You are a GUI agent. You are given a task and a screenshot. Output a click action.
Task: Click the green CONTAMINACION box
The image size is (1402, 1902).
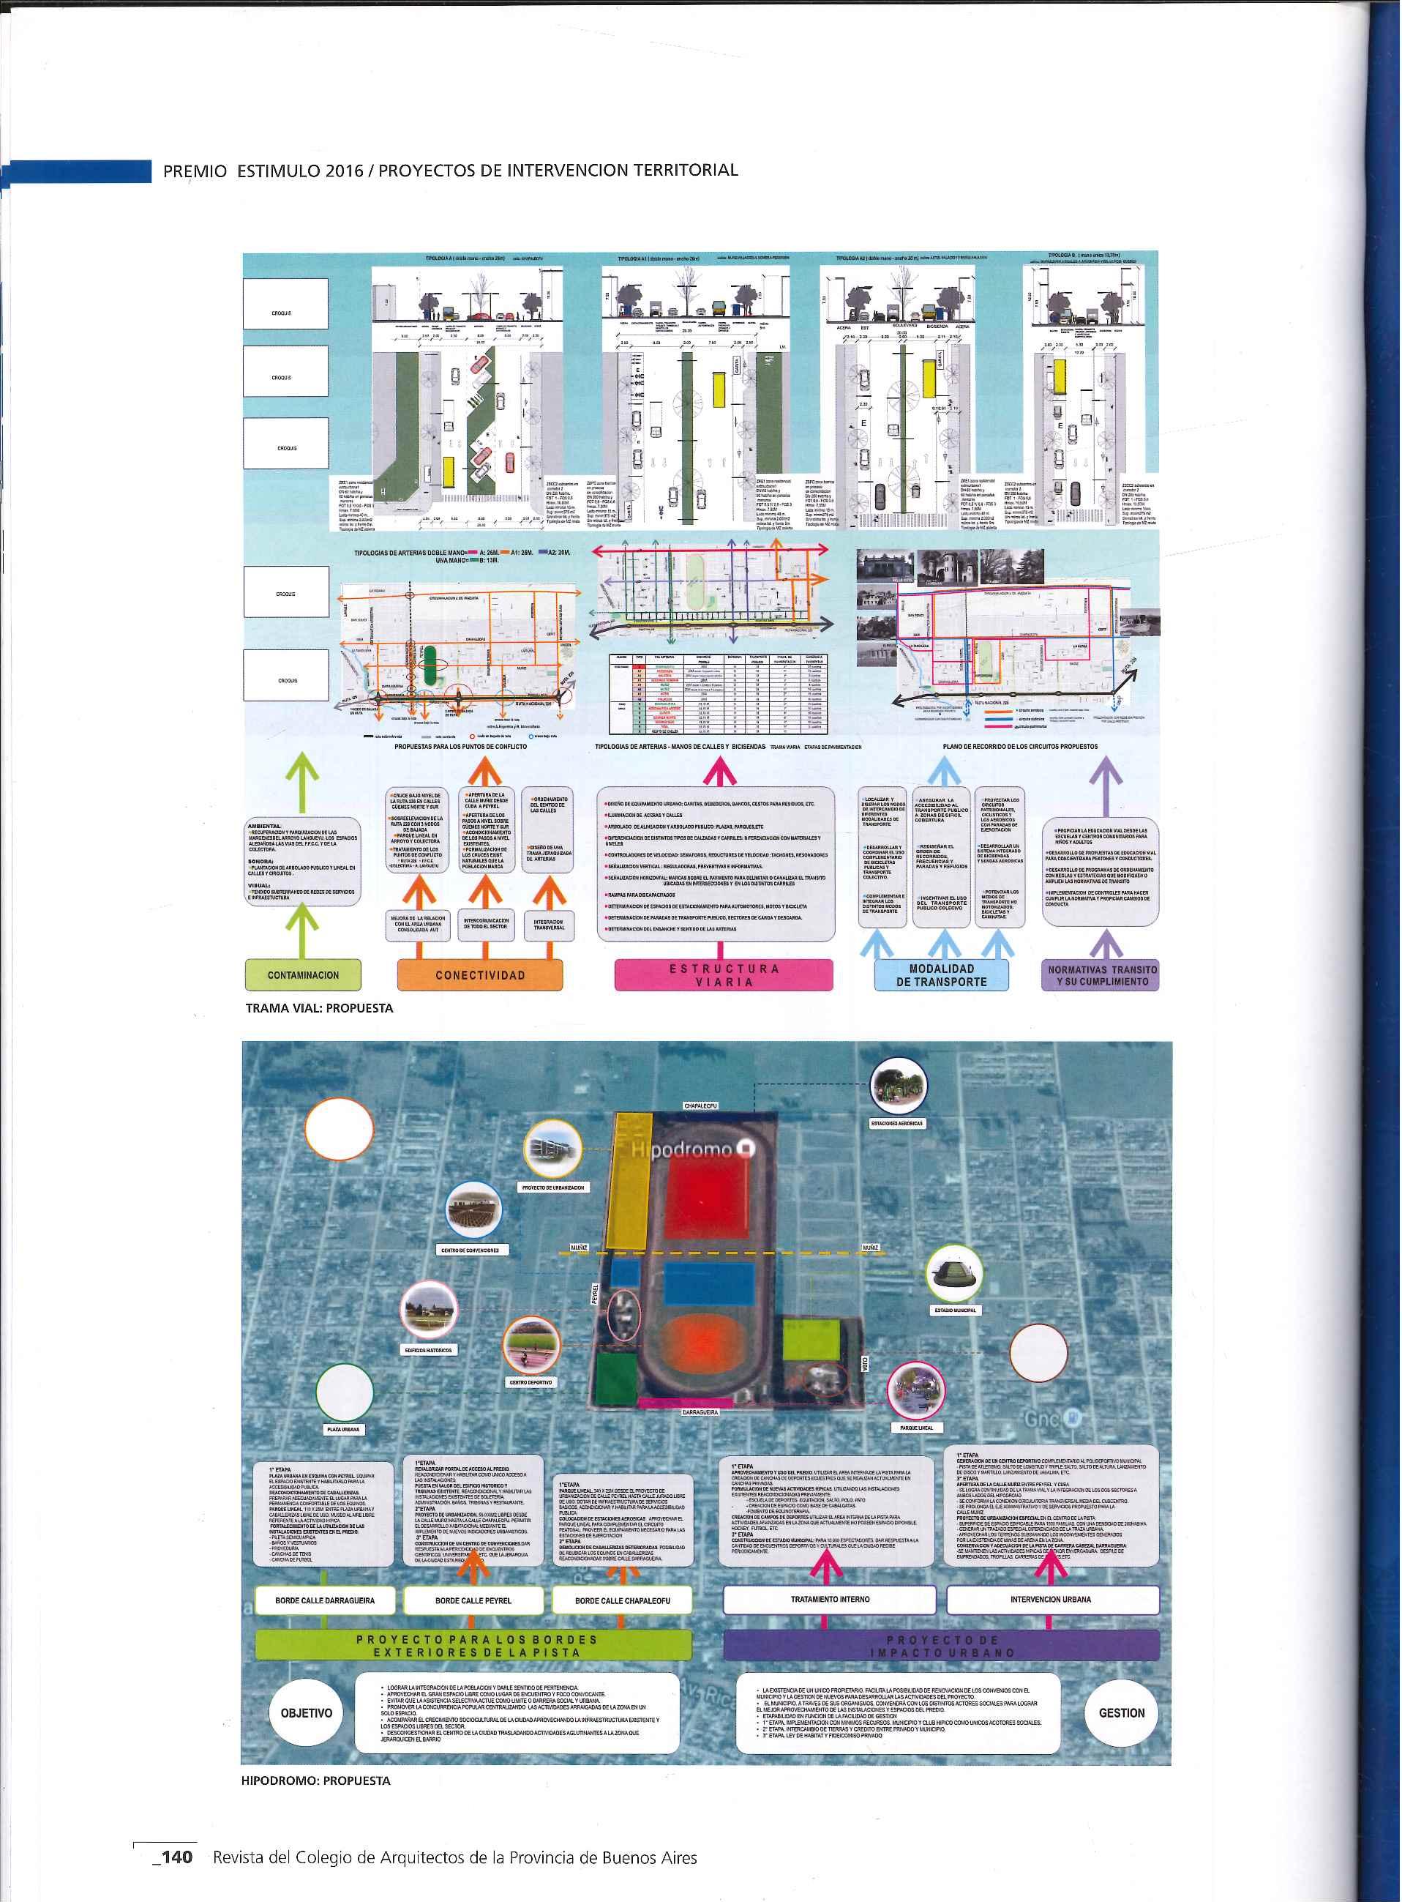[x=303, y=974]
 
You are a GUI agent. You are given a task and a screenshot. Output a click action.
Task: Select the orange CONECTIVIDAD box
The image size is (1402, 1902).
[x=479, y=974]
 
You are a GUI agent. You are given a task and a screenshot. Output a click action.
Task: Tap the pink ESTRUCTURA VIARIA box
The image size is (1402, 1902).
[x=722, y=974]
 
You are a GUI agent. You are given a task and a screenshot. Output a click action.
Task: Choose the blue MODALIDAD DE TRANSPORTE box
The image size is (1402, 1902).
[x=942, y=974]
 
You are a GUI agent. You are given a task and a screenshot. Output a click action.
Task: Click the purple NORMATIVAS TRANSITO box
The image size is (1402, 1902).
[x=1101, y=974]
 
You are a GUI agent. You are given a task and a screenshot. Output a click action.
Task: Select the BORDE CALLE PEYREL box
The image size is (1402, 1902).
[x=473, y=1600]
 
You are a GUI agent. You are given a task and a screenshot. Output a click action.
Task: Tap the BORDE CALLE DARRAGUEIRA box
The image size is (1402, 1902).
[x=325, y=1600]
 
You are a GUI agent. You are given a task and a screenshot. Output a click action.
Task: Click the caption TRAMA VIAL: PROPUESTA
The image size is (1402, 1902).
[x=319, y=1008]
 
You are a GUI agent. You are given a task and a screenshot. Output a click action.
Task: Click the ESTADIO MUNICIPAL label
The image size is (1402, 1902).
[x=956, y=1310]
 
